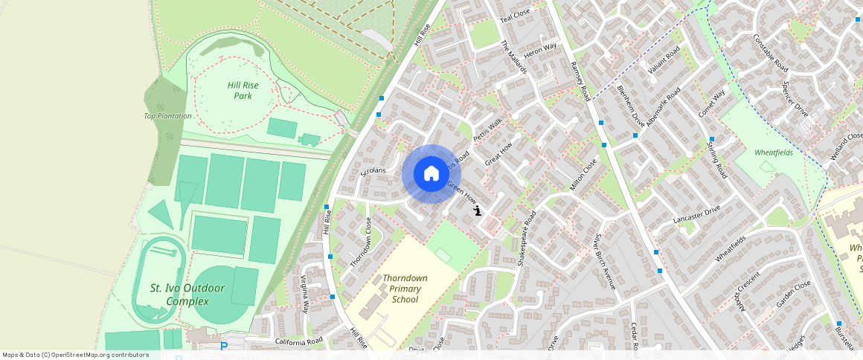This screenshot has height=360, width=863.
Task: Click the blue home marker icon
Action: click(431, 174)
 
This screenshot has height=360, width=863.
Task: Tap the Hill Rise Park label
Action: click(243, 90)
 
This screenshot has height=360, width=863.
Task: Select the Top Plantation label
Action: click(167, 116)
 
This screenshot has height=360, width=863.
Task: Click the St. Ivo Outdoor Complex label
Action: click(179, 295)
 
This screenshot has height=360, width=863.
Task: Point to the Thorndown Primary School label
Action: click(405, 289)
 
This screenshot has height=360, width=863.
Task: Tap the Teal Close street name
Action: click(515, 15)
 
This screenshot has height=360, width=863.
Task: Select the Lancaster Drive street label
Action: click(696, 215)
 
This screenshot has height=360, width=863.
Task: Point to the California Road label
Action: click(299, 341)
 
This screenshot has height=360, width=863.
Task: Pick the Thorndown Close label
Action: click(360, 242)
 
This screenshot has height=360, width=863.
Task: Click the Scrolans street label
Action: click(373, 171)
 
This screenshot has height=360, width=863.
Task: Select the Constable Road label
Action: click(770, 53)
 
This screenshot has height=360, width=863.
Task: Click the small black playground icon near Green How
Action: click(477, 212)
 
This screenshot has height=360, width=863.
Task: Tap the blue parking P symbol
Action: click(224, 347)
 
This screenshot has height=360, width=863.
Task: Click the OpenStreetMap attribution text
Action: click(75, 355)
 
